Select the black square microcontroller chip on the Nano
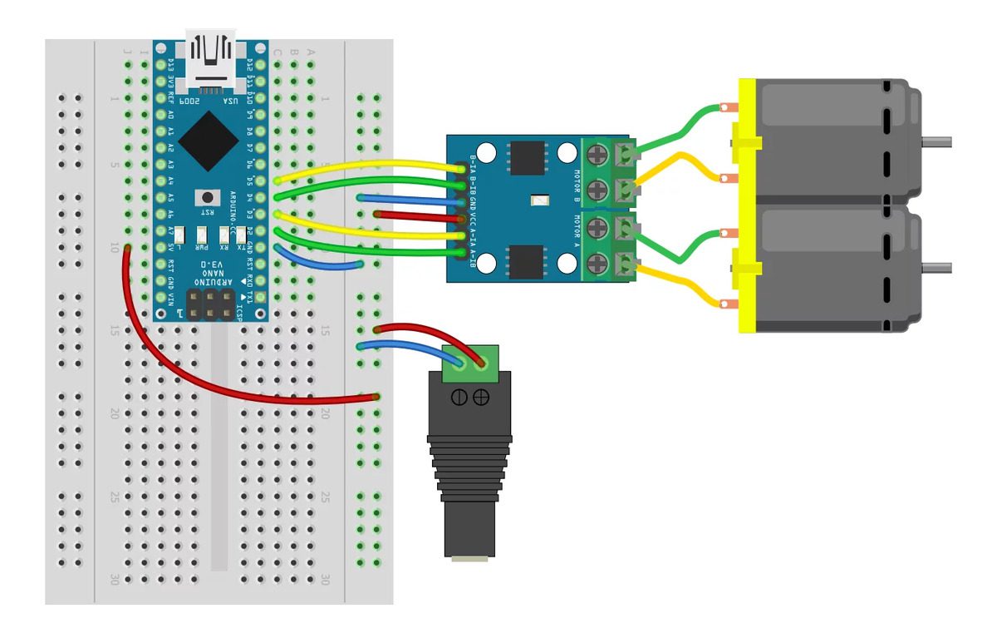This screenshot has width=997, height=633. (x=205, y=141)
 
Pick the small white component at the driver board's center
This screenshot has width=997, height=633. (x=541, y=200)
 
